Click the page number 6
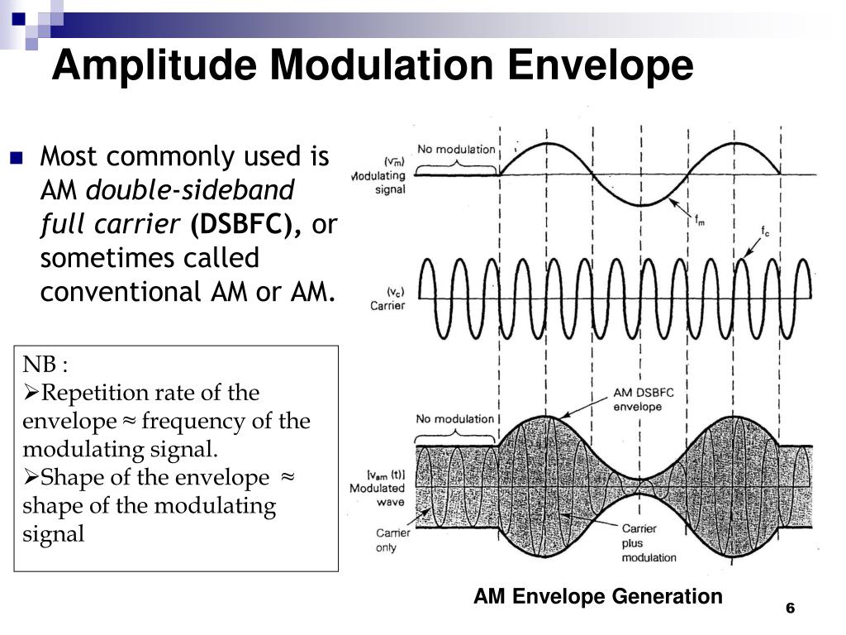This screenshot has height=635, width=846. pyautogui.click(x=790, y=609)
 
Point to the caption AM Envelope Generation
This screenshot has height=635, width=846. pyautogui.click(x=597, y=596)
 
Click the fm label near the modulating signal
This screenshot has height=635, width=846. pyautogui.click(x=700, y=220)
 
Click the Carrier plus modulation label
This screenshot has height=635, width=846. pyautogui.click(x=649, y=542)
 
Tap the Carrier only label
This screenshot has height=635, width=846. pyautogui.click(x=392, y=540)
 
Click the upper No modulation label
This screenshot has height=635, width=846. pyautogui.click(x=456, y=150)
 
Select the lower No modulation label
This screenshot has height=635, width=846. pyautogui.click(x=454, y=419)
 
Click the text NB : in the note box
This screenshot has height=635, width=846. pyautogui.click(x=45, y=365)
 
